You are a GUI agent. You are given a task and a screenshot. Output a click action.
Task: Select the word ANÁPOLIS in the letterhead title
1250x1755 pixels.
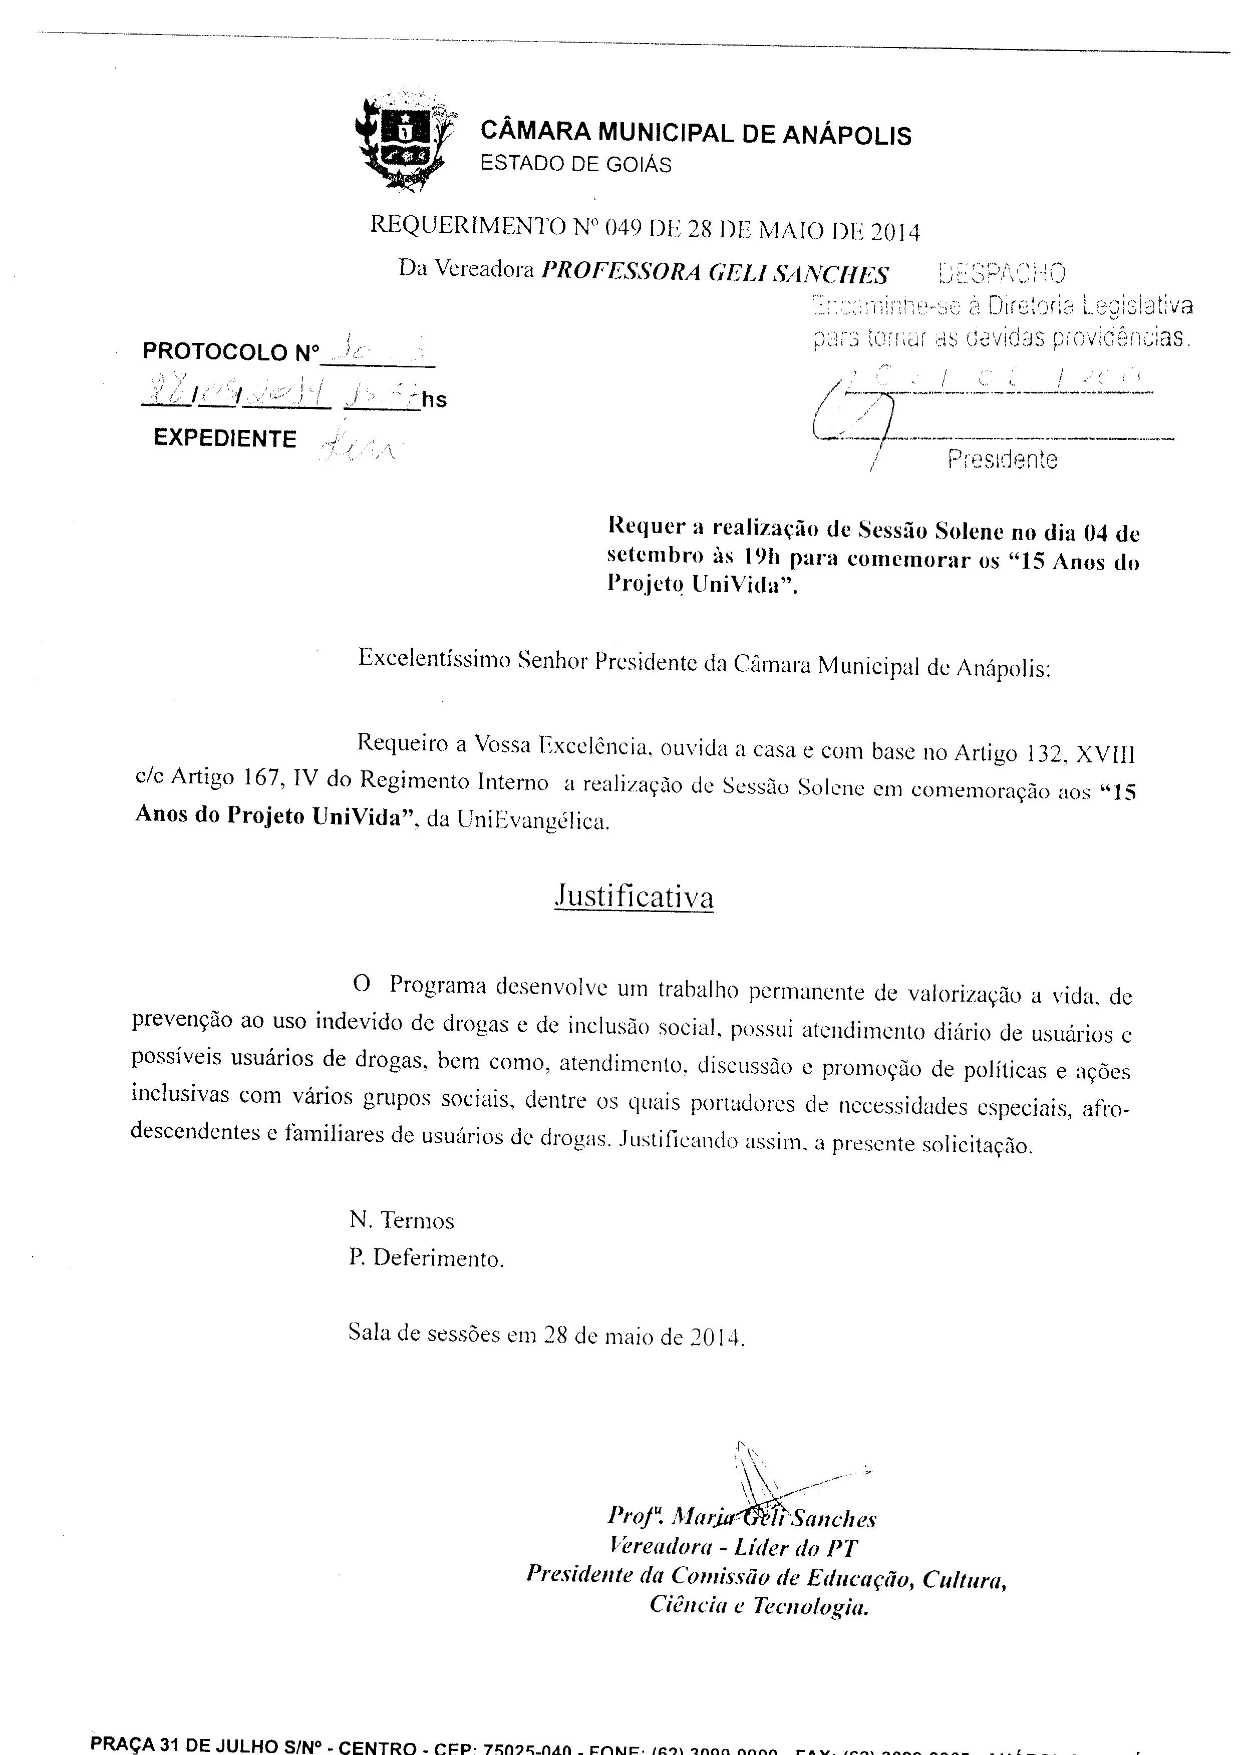pyautogui.click(x=847, y=136)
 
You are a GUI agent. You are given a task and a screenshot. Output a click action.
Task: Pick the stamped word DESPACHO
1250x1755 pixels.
pyautogui.click(x=1002, y=273)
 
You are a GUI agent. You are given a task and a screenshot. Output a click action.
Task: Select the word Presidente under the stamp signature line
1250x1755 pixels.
pyautogui.click(x=1002, y=460)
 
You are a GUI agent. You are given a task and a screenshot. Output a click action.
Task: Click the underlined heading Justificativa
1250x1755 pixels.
pyautogui.click(x=634, y=897)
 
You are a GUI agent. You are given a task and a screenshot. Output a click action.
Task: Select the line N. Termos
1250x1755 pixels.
pyautogui.click(x=401, y=1220)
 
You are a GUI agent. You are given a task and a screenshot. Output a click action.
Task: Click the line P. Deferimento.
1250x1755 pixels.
pyautogui.click(x=426, y=1259)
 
